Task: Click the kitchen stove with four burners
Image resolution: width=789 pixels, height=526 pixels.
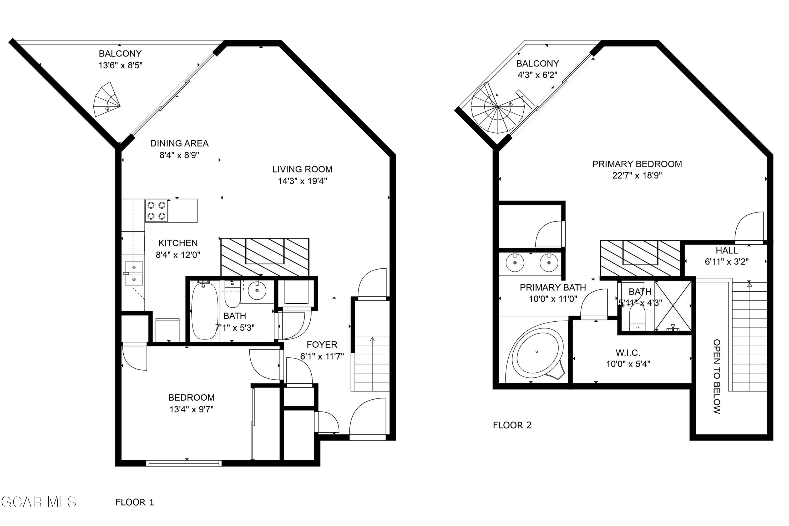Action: point(156,211)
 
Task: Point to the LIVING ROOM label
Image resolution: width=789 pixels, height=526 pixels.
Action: point(302,169)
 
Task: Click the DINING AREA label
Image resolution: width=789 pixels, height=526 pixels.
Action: point(179,144)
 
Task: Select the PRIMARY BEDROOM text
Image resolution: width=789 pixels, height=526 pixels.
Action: point(637,164)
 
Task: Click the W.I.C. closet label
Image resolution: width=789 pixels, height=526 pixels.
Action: point(628,353)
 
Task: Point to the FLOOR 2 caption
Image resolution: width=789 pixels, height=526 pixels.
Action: point(512,425)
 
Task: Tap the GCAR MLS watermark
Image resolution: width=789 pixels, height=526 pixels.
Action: point(39,502)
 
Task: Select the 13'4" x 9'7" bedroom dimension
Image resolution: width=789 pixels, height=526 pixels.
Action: point(191,409)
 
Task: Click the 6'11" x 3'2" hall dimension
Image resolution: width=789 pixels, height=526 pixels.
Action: point(727,262)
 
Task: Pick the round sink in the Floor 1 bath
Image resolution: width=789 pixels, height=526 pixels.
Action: point(257,291)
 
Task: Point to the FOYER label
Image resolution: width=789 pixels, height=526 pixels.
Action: point(322,345)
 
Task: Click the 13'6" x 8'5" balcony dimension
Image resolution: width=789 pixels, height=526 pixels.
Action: point(120,65)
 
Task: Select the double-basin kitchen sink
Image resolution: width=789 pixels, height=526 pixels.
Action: point(134,274)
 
